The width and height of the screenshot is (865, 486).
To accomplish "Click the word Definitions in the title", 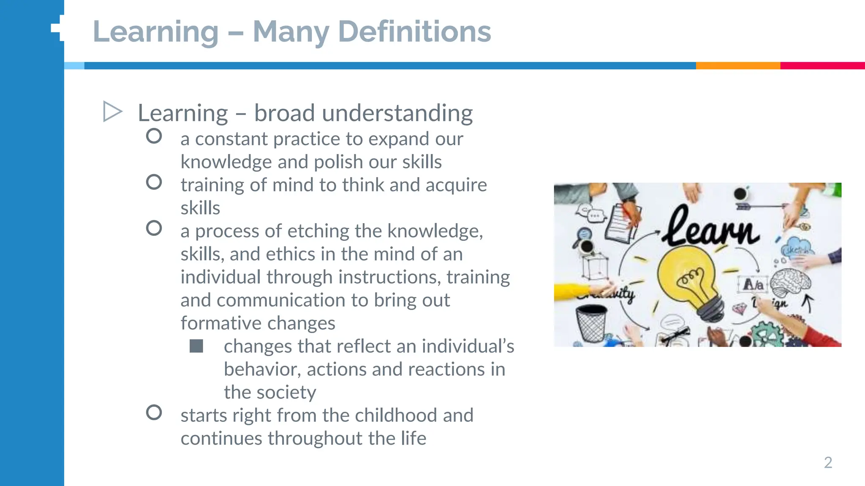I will click(414, 32).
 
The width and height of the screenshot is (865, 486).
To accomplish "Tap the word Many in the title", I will click(291, 32).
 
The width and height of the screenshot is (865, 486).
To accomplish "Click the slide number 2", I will click(828, 463).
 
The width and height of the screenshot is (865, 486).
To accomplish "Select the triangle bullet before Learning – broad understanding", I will click(112, 112).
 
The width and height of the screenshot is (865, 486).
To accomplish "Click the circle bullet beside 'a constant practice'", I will click(154, 136).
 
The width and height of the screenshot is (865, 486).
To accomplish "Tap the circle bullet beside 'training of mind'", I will click(154, 182).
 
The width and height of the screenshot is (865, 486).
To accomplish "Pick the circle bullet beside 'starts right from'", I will click(154, 413).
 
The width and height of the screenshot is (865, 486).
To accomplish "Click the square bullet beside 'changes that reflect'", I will click(196, 346).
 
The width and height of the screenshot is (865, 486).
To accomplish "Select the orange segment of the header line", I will click(737, 66).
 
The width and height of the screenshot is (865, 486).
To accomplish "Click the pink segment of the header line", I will click(822, 66).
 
